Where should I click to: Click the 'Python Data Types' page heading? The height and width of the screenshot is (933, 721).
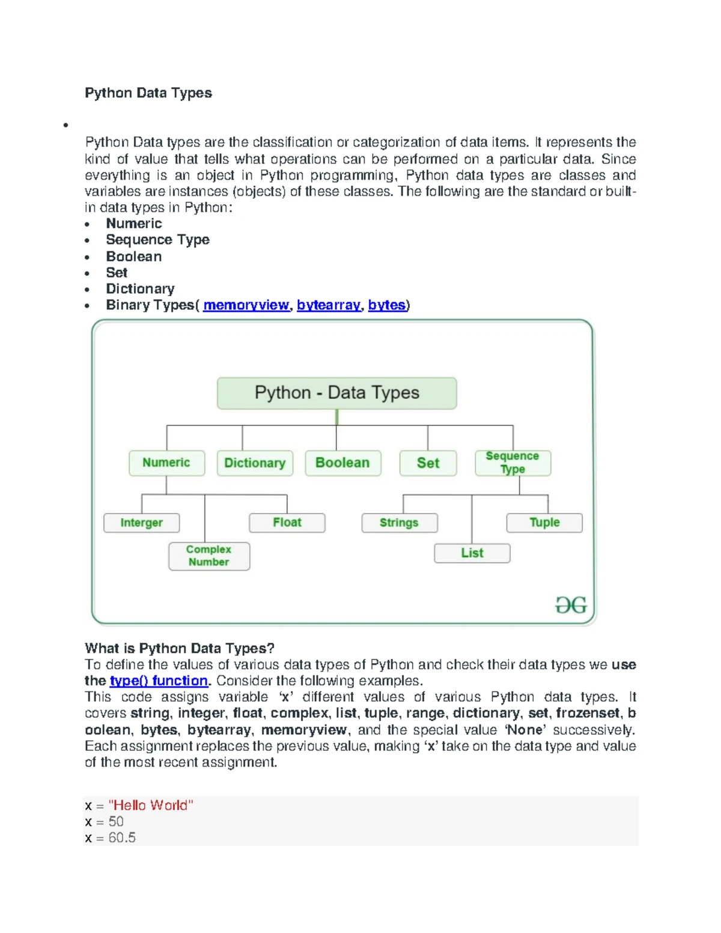tap(148, 93)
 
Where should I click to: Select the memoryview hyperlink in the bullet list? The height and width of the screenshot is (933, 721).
tap(246, 305)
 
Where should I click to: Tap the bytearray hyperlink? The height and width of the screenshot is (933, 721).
tap(329, 305)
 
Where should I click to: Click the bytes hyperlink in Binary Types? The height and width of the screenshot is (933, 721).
tap(386, 305)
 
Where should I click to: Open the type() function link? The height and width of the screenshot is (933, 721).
tap(159, 681)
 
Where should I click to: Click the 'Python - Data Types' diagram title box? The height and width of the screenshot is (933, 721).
tap(336, 393)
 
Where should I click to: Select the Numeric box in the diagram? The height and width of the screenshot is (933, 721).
tap(166, 463)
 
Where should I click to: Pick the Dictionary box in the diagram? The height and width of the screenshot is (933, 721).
tap(255, 463)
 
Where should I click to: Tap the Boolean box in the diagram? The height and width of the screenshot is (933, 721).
tap(342, 463)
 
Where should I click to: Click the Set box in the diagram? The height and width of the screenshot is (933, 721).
tap(428, 463)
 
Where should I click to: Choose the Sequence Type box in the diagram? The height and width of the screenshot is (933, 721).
tap(513, 463)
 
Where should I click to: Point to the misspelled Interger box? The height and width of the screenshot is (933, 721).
tap(141, 523)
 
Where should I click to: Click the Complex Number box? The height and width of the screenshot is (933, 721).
tap(208, 556)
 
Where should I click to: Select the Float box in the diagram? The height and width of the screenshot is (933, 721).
tap(287, 523)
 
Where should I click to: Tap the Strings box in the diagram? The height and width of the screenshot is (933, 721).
tap(399, 523)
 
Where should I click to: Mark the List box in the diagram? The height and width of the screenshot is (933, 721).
tap(472, 553)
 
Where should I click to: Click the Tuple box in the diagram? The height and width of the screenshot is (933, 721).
tap(544, 523)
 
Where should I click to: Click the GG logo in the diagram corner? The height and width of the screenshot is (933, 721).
tap(571, 605)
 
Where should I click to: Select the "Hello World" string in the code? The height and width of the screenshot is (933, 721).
tap(151, 805)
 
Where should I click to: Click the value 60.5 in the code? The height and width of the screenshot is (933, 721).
tap(122, 837)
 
